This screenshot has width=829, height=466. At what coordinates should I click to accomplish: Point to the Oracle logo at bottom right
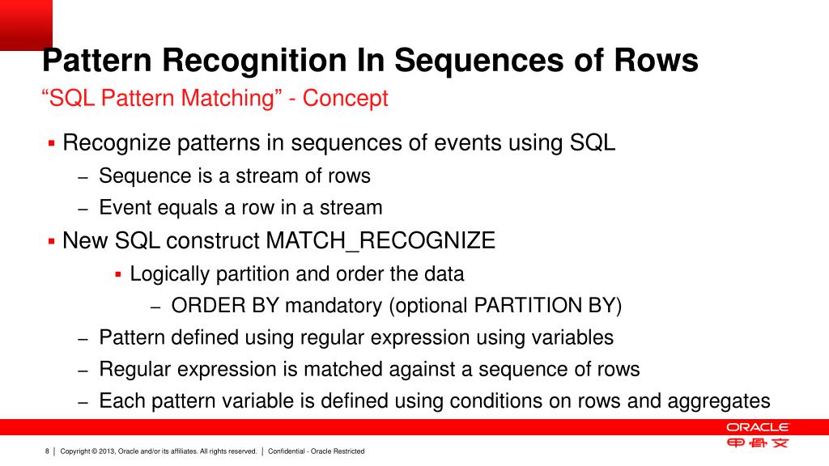pyautogui.click(x=757, y=427)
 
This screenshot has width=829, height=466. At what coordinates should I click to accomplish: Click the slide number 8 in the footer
pyautogui.click(x=47, y=451)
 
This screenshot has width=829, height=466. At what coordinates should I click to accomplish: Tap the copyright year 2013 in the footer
pyautogui.click(x=107, y=451)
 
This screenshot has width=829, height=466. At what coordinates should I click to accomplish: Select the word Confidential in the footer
pyautogui.click(x=287, y=451)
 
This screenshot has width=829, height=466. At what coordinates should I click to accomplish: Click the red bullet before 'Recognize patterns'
pyautogui.click(x=52, y=144)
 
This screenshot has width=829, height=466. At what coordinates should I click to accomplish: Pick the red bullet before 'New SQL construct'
pyautogui.click(x=52, y=241)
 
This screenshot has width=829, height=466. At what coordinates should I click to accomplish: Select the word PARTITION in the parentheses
pyautogui.click(x=524, y=306)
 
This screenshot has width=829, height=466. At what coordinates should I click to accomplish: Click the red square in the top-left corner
pyautogui.click(x=26, y=24)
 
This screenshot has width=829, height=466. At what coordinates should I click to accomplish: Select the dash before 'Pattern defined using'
pyautogui.click(x=83, y=339)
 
